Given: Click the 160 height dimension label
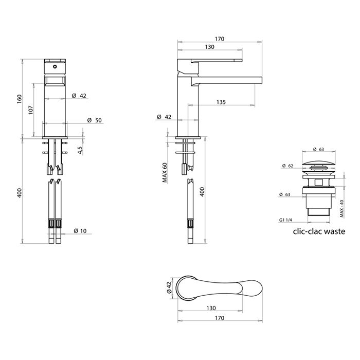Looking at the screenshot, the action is click(20, 99).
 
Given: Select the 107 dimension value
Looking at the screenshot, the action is click(31, 110).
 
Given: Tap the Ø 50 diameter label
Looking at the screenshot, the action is click(95, 120).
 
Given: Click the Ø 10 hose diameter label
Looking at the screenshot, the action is click(80, 231).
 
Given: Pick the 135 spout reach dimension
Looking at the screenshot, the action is click(221, 102).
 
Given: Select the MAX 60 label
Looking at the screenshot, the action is click(165, 173).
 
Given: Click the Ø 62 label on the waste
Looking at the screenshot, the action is click(287, 166).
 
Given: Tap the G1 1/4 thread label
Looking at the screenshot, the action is click(285, 220).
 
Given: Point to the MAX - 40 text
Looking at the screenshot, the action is click(342, 209).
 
